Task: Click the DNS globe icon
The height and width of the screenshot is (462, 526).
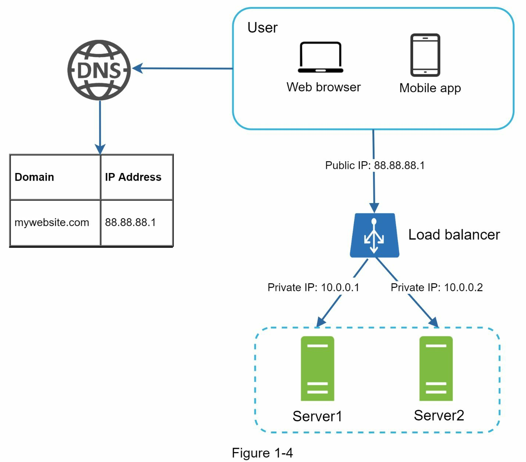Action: [x=99, y=70]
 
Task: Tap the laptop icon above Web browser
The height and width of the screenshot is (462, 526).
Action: [x=320, y=58]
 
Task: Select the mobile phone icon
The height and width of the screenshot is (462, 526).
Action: [x=425, y=55]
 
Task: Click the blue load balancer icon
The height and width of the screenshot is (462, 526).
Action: [x=374, y=235]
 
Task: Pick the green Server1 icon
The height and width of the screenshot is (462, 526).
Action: [x=317, y=368]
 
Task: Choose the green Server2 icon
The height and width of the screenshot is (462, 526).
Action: [x=436, y=368]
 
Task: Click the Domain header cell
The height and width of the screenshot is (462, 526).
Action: [x=55, y=177]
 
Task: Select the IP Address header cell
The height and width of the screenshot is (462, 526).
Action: [x=136, y=177]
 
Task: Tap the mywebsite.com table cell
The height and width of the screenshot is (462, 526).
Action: [x=55, y=223]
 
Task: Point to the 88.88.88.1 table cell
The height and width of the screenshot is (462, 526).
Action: [x=136, y=223]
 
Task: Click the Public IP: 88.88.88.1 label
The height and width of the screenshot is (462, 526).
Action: [x=375, y=166]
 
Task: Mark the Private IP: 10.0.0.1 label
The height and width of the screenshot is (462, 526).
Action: [x=313, y=288]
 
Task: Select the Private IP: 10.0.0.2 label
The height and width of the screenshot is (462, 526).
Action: [x=436, y=288]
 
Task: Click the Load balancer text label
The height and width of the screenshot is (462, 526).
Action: [x=454, y=235]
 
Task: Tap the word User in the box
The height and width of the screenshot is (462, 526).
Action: [x=262, y=28]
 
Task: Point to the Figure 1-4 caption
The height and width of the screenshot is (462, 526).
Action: [x=262, y=453]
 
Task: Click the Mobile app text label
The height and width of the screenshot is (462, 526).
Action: [x=430, y=88]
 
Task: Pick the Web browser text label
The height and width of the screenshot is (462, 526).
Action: [x=323, y=87]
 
